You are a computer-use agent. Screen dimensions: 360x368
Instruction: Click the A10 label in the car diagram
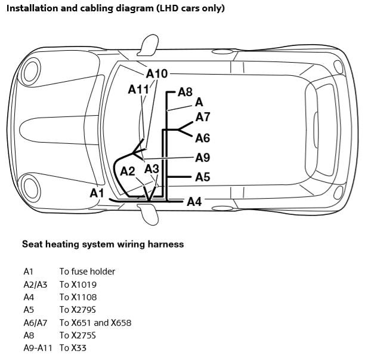click(x=157, y=74)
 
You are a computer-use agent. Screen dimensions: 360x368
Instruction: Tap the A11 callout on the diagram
click(x=138, y=90)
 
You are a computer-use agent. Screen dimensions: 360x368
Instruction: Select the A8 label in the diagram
click(x=185, y=93)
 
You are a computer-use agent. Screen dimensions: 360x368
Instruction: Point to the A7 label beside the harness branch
click(x=203, y=117)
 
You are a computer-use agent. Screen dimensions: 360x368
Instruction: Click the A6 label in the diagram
click(x=203, y=139)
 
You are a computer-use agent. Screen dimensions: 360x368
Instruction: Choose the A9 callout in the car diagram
click(x=203, y=158)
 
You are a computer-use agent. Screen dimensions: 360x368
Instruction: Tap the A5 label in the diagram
click(x=203, y=177)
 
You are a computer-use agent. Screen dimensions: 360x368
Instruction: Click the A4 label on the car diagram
click(x=194, y=202)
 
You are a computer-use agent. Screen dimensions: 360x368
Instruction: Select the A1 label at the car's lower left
click(x=97, y=193)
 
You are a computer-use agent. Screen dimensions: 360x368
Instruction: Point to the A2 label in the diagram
click(x=128, y=172)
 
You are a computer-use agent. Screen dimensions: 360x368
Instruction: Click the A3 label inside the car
click(x=152, y=170)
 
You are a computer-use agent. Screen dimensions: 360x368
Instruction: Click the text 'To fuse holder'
click(x=87, y=272)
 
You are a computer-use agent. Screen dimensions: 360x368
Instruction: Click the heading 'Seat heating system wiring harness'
click(x=103, y=244)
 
